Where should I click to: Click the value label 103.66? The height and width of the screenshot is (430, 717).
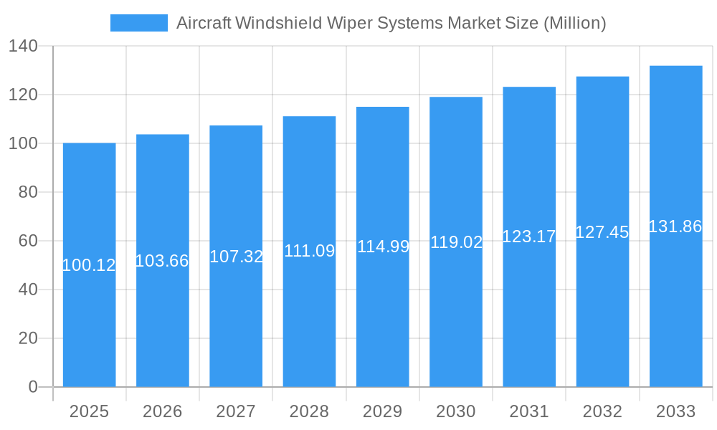point(162,261)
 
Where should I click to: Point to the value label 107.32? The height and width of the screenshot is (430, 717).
point(236,257)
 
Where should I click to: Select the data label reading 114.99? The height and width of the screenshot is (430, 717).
point(383,247)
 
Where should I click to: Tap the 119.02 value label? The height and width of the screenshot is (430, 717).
point(456,242)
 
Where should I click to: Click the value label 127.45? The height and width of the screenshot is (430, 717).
point(602,232)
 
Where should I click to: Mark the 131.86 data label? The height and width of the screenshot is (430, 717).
point(675,226)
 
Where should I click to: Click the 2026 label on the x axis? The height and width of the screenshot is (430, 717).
point(162,411)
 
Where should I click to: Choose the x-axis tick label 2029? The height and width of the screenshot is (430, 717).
point(382,411)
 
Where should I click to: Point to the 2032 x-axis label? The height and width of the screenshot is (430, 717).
point(602,411)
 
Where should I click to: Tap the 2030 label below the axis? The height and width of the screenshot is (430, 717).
point(456,411)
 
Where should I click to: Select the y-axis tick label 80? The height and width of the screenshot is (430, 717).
point(28,192)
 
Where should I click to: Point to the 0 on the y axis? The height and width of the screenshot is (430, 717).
point(33,387)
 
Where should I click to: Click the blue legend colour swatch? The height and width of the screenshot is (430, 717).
point(138,23)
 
